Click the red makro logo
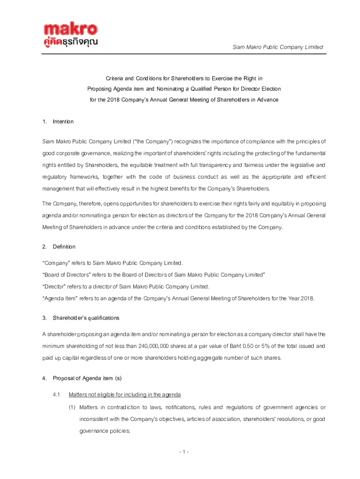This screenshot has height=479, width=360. coord(71,29)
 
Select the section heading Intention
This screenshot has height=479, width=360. coord(63,122)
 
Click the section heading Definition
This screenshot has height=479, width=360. coord(64,247)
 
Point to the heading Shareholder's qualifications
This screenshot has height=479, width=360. coord(86,318)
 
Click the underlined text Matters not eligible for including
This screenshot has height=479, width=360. coord(124,394)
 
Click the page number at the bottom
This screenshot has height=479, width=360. coord(183,451)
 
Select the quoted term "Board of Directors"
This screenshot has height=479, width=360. coord(67,275)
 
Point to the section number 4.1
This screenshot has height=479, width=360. coord(57,394)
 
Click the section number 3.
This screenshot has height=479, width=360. coord(43,318)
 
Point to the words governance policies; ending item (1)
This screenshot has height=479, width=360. coord(103,431)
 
